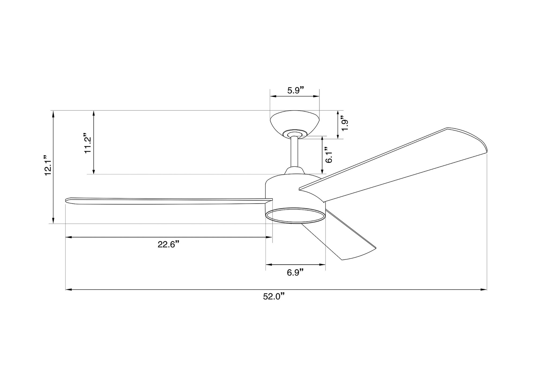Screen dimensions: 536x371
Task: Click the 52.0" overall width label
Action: tap(273, 297)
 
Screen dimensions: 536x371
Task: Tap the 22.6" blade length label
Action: tap(168, 244)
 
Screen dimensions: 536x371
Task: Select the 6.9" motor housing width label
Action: tap(295, 272)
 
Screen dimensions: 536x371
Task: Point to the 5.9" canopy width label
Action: tap(296, 90)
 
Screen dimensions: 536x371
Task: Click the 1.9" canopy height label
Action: tap(344, 124)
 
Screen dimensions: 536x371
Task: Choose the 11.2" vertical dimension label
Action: tap(88, 143)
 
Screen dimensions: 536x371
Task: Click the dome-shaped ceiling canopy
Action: tap(295, 123)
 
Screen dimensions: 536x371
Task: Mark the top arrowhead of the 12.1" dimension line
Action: tap(53, 113)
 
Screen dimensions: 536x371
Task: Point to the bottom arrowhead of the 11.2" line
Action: tap(94, 171)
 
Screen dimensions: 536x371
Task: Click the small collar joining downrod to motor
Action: tap(295, 171)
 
